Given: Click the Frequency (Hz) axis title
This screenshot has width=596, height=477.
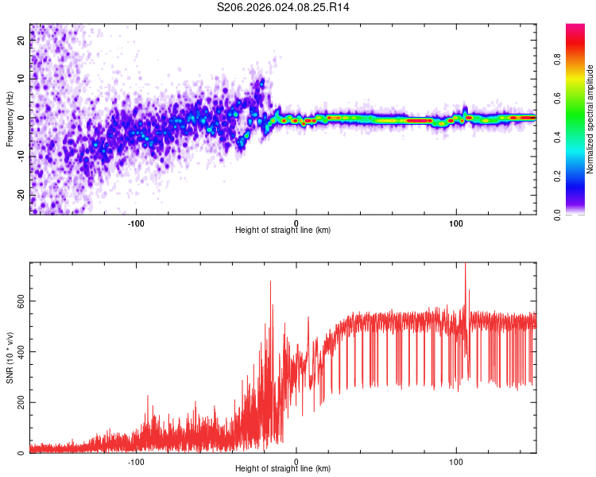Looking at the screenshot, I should [10, 118].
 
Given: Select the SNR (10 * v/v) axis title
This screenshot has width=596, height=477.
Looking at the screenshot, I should [10, 358].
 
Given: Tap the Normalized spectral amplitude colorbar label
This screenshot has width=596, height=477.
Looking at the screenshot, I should [590, 119].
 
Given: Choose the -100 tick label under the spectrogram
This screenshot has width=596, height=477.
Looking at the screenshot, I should [136, 222].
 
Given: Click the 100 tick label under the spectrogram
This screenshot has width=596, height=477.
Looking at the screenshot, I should [456, 222].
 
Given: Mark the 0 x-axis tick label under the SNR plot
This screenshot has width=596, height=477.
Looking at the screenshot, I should [296, 460].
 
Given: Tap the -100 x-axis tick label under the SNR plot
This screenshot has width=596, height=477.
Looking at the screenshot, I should [136, 460].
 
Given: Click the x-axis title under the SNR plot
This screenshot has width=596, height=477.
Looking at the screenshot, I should [283, 469].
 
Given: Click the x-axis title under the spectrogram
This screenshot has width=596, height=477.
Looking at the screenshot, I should [283, 231].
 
